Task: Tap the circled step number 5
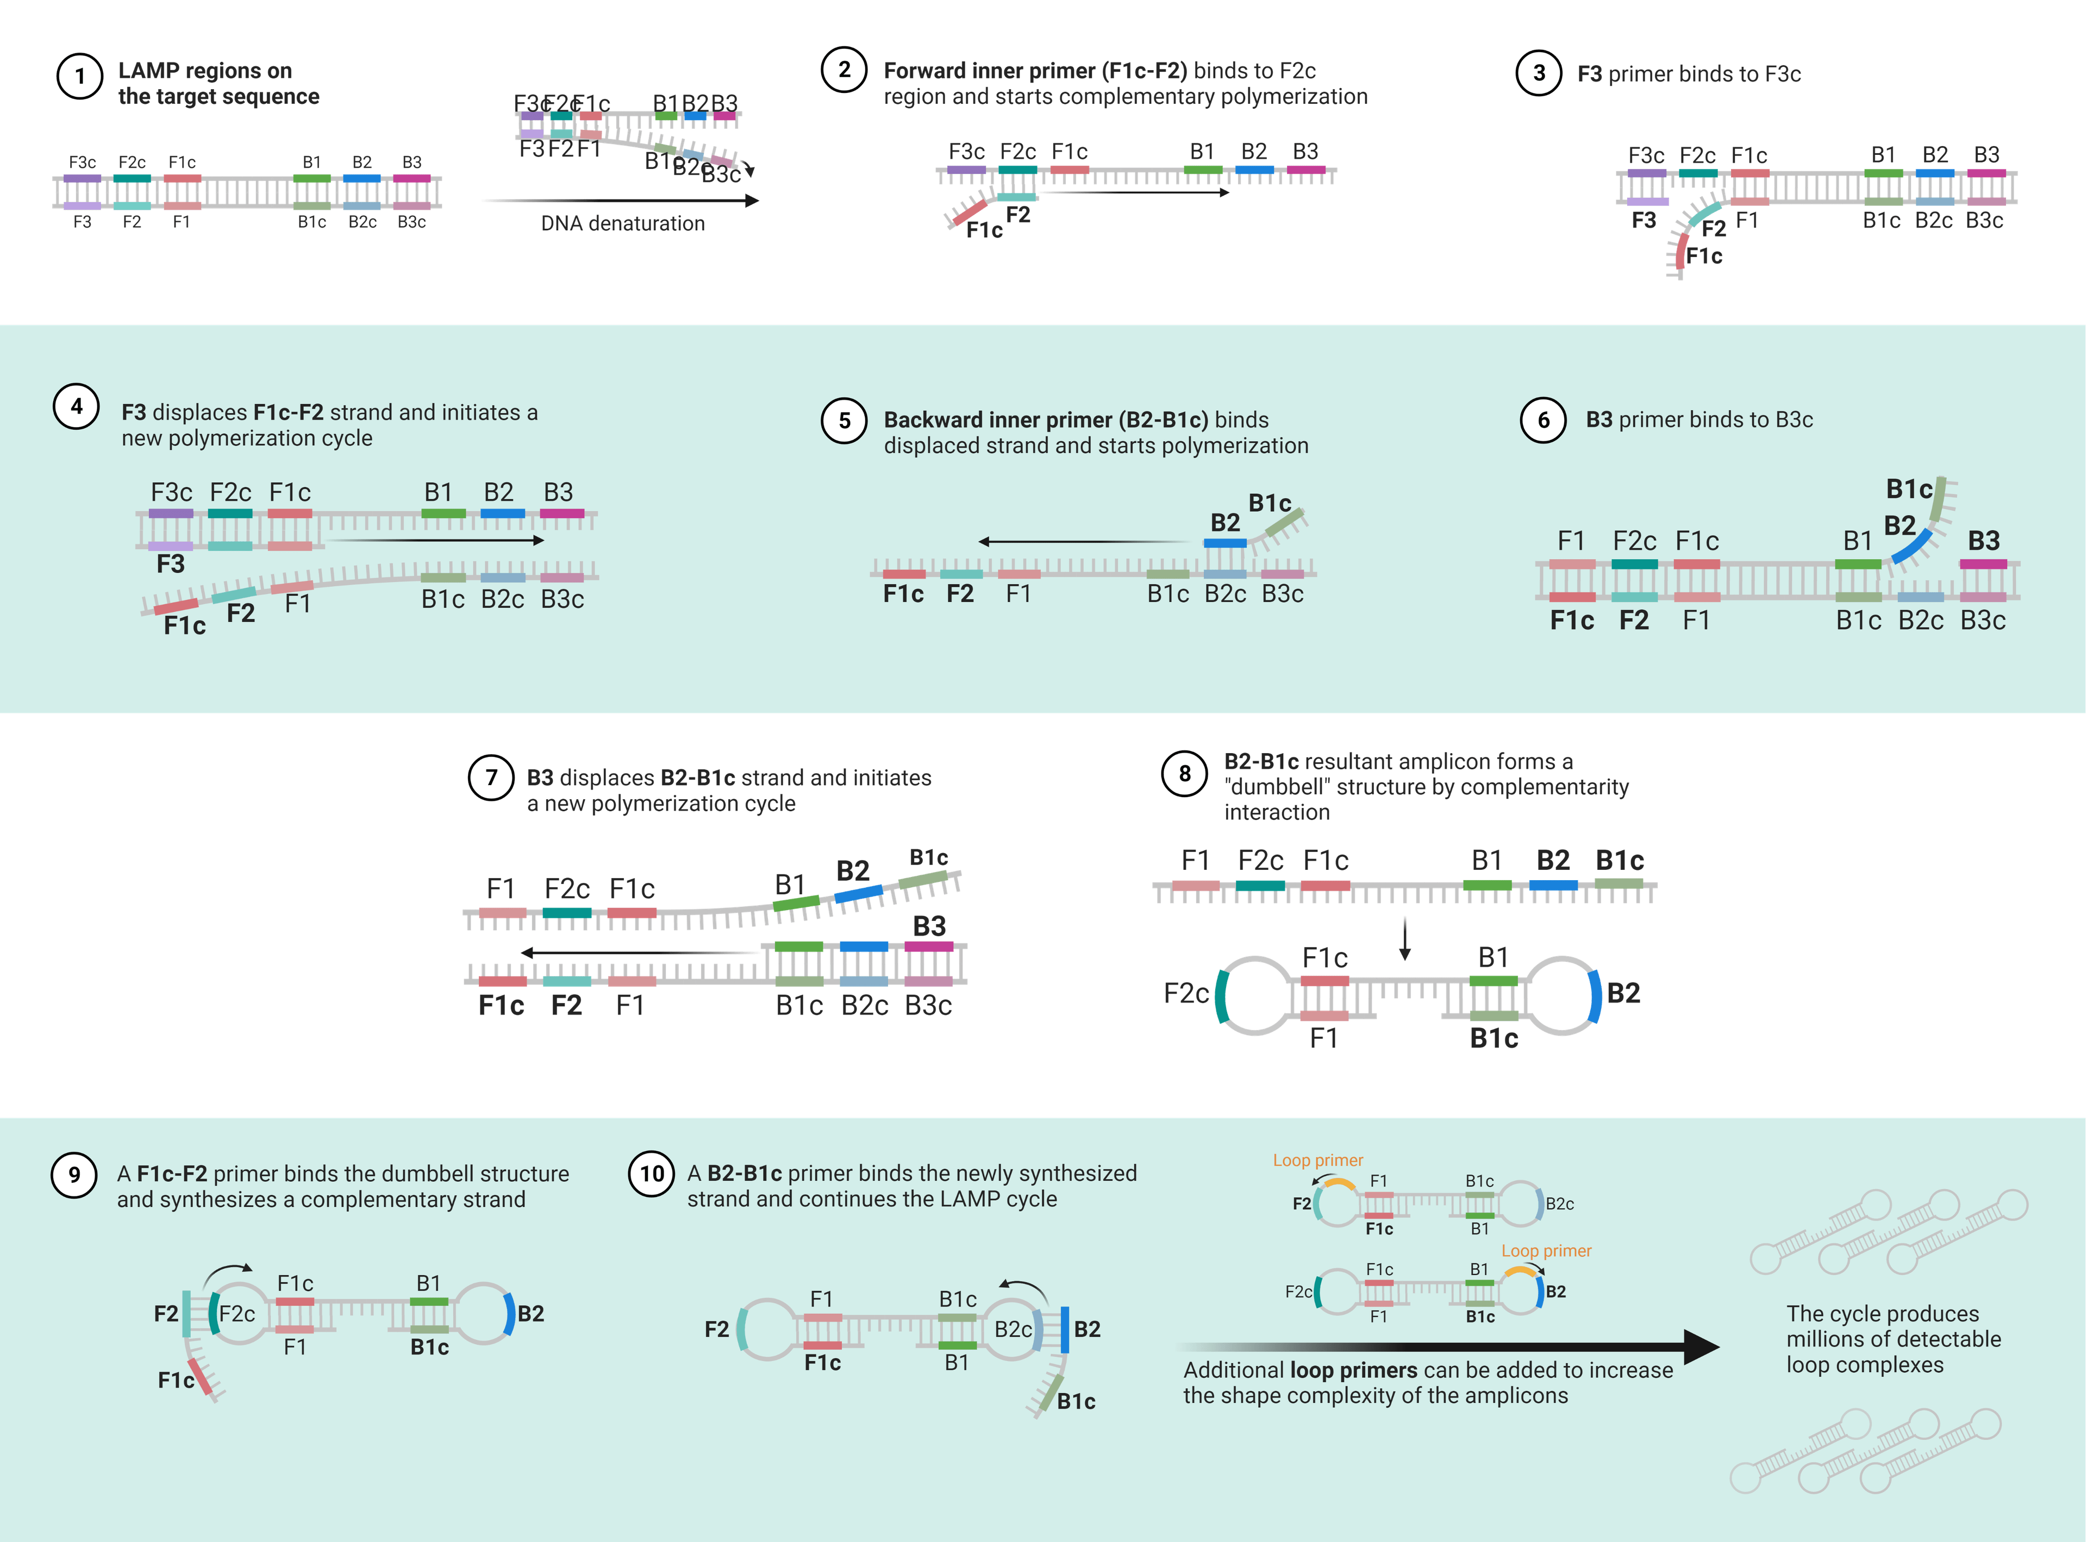844,421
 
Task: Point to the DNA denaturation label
623,224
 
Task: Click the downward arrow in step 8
1404,939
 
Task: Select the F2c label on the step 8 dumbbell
1185,993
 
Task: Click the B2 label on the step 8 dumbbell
1623,993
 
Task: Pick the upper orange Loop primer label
1317,1160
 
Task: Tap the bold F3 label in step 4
171,564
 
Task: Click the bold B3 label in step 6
1983,541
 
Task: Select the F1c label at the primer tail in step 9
176,1380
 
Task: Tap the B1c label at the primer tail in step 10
1076,1401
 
